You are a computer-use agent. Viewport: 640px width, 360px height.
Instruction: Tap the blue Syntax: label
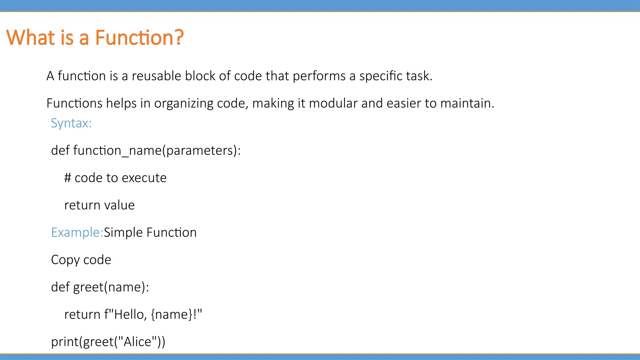(71, 123)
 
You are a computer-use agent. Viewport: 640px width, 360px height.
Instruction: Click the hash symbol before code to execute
(67, 178)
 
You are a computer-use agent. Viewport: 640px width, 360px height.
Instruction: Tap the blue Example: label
(77, 232)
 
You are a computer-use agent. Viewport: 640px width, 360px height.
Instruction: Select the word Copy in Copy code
(65, 260)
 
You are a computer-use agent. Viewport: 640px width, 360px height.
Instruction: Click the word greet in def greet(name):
(88, 287)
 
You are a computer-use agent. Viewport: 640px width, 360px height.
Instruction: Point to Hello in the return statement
(128, 314)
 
